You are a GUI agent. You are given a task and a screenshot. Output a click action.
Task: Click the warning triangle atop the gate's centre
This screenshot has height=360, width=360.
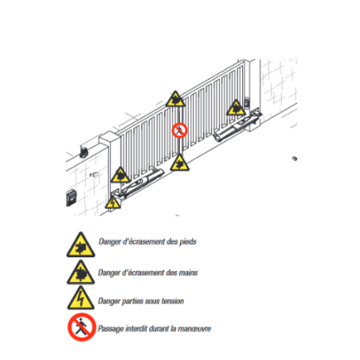tap(175, 100)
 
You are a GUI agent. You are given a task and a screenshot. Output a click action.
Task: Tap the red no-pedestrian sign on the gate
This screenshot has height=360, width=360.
tap(180, 131)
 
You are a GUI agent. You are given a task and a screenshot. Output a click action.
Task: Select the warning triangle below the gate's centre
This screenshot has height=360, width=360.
tap(179, 163)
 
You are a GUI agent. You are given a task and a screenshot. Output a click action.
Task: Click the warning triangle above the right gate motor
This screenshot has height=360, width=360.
tap(236, 108)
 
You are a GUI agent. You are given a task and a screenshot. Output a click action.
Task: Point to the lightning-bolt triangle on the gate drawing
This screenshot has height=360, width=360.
tap(113, 203)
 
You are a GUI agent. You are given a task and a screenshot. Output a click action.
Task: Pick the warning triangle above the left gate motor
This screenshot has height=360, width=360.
tap(120, 175)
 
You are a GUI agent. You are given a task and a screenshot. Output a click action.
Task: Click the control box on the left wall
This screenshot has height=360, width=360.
tap(71, 198)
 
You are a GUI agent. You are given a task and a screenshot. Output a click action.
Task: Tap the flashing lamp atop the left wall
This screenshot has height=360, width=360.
tap(84, 152)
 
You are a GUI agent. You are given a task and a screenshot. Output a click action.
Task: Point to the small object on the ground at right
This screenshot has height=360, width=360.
tap(295, 158)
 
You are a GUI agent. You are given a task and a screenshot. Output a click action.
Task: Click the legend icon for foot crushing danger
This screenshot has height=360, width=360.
tap(80, 245)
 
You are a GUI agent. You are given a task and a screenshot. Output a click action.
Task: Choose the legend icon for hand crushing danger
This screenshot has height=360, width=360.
tap(80, 273)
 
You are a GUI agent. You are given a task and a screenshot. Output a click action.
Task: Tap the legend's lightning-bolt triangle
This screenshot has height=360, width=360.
tap(80, 299)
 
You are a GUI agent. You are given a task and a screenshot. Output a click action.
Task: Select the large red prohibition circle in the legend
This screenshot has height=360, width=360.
tap(81, 327)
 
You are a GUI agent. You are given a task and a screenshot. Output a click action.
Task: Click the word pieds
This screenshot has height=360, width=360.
tap(188, 242)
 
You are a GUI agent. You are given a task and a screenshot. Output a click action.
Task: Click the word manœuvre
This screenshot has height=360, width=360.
tap(194, 329)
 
